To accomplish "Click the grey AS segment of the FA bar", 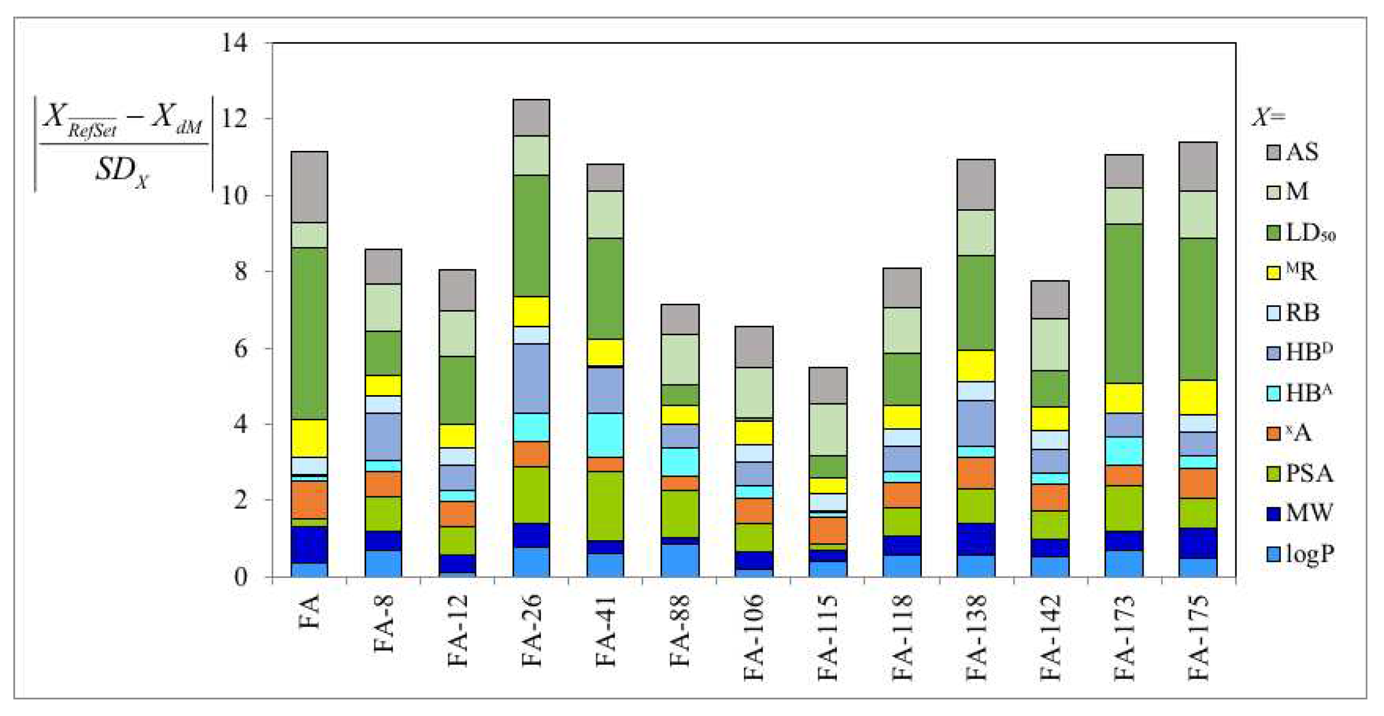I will coord(309,187).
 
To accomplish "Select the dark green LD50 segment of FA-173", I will coord(1124,304).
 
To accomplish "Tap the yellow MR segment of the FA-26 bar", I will coord(531,311).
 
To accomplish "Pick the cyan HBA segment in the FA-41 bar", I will coord(605,435).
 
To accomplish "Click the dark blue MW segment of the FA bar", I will coord(309,544).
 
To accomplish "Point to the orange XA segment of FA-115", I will coord(828,530).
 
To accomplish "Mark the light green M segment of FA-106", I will coord(754,392).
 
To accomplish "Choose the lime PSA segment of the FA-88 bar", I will coord(680,513).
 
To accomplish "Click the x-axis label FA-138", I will coord(976,637).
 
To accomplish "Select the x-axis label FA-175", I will coord(1198,637).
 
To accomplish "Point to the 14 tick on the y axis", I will coord(235,43).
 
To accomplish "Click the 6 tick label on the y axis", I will coord(240,348).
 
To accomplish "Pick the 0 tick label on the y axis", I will coord(241,577).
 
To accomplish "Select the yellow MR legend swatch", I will coord(1273,273).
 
